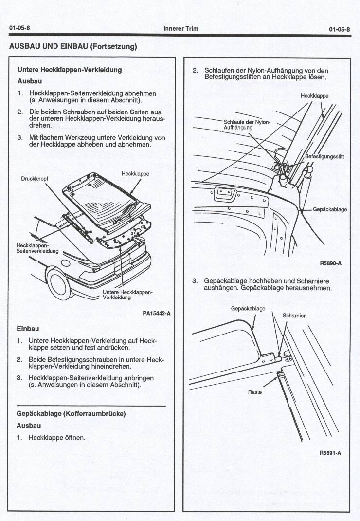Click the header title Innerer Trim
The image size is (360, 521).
[181, 29]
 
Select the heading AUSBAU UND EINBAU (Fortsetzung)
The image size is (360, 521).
[73, 47]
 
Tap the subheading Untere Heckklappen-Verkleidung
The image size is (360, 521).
[70, 70]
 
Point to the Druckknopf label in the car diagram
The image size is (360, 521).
[35, 178]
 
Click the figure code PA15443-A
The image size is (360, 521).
[156, 313]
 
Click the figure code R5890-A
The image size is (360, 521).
[331, 263]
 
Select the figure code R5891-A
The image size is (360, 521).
[330, 453]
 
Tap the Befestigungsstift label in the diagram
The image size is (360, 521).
[324, 157]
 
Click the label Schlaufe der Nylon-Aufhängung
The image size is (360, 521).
[247, 125]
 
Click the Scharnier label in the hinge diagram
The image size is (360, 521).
[294, 316]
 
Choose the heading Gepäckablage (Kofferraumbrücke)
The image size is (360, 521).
[72, 414]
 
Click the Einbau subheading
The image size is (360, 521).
[28, 329]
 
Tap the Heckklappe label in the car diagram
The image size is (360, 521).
[135, 174]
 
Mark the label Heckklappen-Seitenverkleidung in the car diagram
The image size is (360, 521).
[37, 248]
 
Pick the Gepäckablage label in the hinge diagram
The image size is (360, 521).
[248, 309]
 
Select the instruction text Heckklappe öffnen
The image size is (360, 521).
[57, 437]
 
